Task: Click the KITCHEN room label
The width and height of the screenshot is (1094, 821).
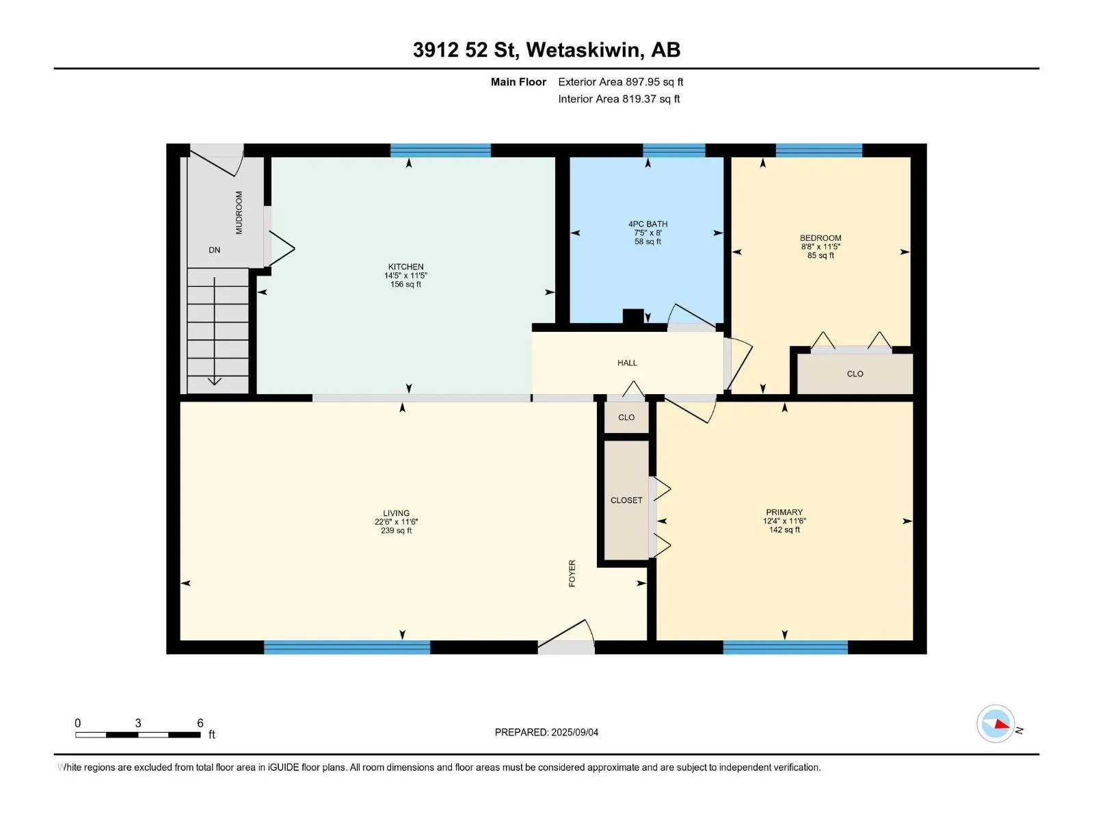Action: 405,267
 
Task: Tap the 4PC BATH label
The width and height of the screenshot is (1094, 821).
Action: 648,224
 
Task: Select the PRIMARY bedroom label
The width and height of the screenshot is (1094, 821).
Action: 784,512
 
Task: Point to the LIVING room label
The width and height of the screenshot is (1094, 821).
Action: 396,513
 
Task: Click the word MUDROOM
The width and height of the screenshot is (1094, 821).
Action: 239,212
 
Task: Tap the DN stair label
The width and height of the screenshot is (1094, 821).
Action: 214,250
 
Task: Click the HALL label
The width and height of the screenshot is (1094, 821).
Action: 627,363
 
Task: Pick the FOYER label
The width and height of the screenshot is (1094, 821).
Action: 572,573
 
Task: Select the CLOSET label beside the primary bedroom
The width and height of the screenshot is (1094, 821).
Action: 626,500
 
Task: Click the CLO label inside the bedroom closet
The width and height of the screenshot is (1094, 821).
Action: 855,374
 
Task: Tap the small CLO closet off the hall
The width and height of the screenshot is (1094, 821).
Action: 626,417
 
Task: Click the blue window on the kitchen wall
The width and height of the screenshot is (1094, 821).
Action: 440,151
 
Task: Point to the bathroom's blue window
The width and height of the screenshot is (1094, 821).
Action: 674,151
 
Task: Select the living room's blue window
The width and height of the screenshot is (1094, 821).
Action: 347,647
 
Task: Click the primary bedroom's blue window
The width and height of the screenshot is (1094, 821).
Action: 786,647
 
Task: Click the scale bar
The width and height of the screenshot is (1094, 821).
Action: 138,735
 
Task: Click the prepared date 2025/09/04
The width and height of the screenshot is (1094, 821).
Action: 574,732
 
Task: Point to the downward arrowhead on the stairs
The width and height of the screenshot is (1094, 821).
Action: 214,381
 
